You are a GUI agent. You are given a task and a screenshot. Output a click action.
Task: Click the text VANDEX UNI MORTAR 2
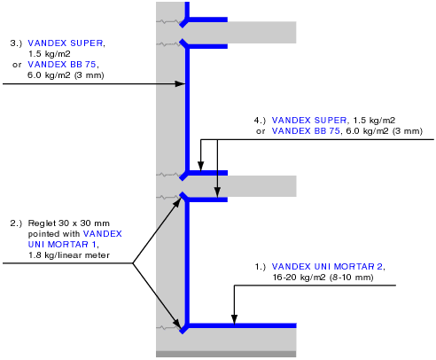coord(327,267)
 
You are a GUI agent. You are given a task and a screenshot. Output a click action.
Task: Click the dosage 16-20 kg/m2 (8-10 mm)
coord(323,278)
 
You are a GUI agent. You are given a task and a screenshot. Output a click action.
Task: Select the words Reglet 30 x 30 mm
coord(69,223)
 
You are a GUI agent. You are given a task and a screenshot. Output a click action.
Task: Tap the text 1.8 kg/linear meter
coord(69,255)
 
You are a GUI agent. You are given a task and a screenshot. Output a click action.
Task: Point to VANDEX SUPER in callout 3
coord(66,43)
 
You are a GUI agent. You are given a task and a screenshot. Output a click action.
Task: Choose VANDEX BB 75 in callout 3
coord(62,65)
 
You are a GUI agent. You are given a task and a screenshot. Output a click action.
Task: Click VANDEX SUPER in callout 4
coord(309,121)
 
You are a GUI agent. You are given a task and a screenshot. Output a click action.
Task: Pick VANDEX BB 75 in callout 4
coord(306,131)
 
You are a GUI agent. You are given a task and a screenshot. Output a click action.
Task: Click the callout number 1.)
coord(261,267)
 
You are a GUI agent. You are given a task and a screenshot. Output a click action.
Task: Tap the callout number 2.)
coord(16,223)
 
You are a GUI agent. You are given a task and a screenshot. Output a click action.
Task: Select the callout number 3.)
coord(16,43)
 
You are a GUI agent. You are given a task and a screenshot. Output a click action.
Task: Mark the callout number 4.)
coord(260,121)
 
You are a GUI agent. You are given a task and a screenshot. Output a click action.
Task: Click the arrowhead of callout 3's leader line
coord(180,84)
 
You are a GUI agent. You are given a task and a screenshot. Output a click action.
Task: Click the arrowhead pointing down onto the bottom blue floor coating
coord(234,319)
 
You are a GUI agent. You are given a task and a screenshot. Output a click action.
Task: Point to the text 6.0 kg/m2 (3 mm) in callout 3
coord(66,75)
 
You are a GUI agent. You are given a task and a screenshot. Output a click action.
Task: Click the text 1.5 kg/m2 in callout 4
coord(374,121)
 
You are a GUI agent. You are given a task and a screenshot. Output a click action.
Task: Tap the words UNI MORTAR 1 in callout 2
coord(62,245)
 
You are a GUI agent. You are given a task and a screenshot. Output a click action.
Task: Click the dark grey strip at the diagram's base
coord(226,354)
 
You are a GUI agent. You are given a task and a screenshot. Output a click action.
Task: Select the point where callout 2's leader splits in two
coord(133,263)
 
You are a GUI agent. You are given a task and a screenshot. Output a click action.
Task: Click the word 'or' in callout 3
coord(17,65)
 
